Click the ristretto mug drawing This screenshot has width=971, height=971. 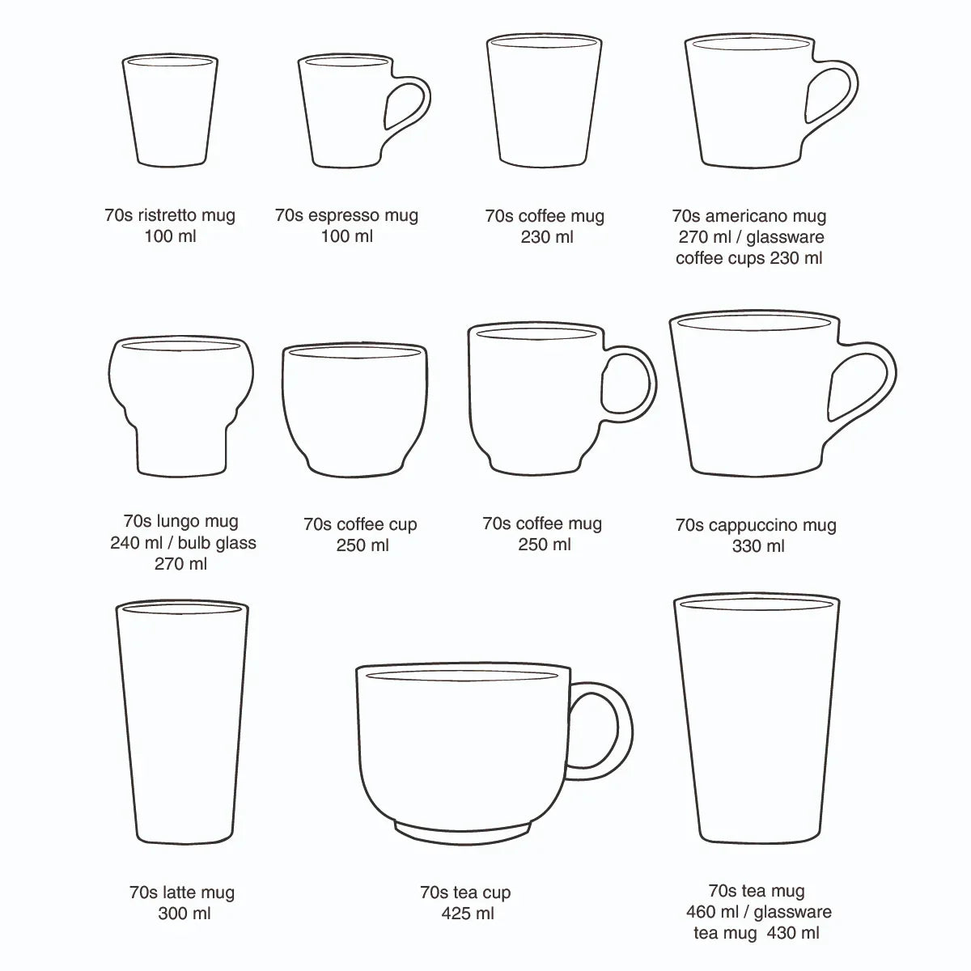coord(170,109)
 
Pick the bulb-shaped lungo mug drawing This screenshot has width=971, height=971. coord(180,405)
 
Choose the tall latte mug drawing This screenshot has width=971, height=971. coord(182,720)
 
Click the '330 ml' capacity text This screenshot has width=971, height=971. coord(758,546)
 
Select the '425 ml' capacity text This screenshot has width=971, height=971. coord(467,914)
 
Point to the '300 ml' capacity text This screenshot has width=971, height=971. coord(184,914)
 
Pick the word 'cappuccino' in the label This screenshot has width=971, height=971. coord(749,525)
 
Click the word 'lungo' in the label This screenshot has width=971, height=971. coord(179,521)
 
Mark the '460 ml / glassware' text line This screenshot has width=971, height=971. coord(758,912)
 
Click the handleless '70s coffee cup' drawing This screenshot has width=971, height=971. coord(354,409)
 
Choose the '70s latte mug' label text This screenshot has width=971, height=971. coord(182,893)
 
